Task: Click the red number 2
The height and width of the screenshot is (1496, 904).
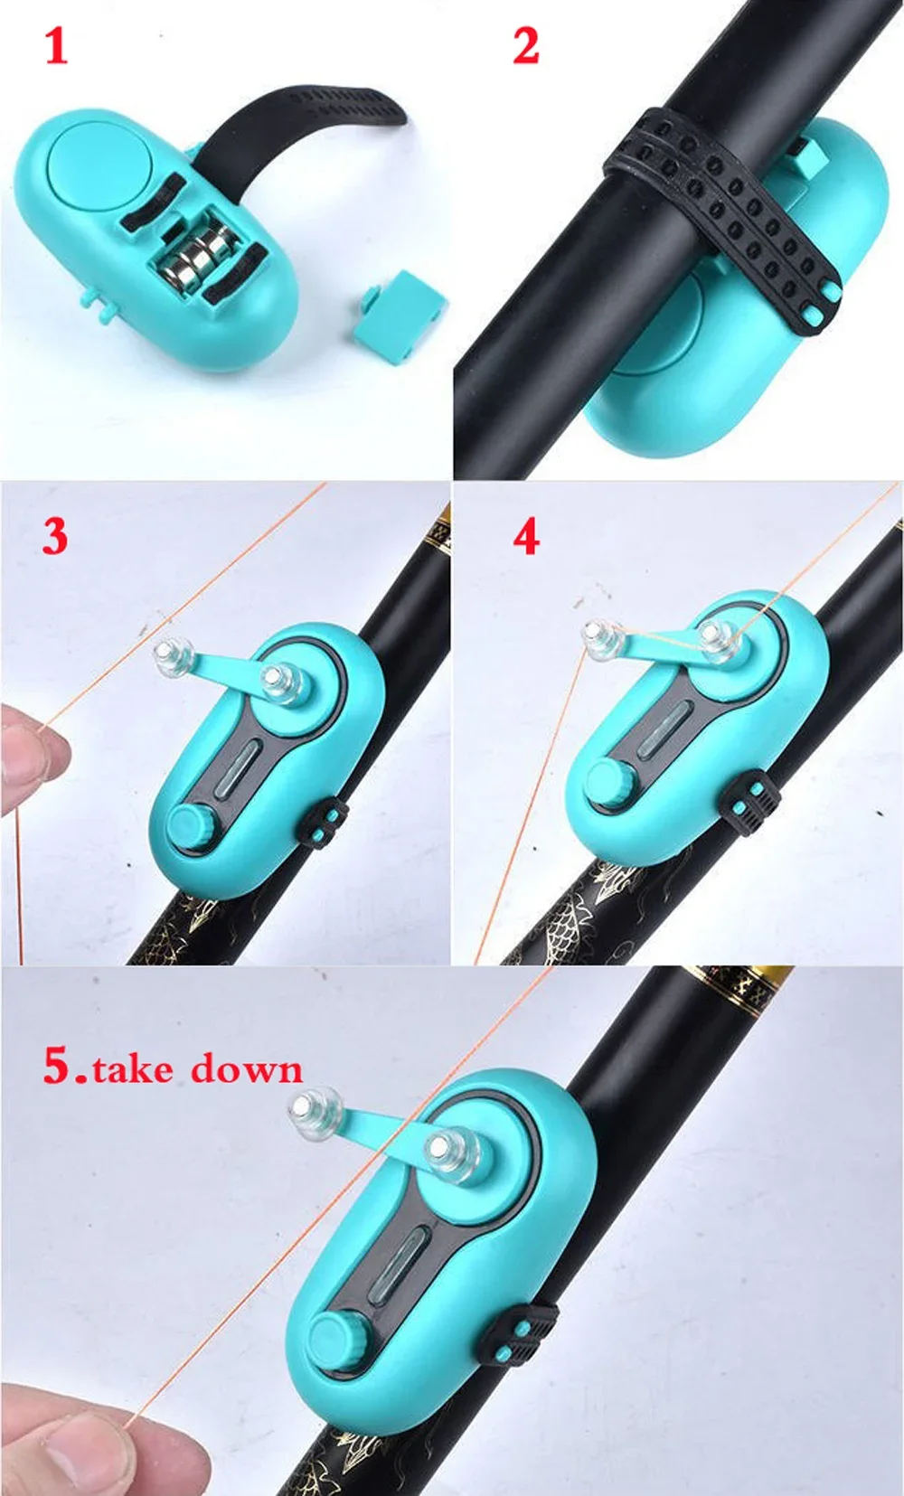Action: [526, 47]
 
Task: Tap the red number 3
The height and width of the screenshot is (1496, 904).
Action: [54, 536]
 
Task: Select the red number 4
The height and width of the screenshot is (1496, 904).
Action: [526, 538]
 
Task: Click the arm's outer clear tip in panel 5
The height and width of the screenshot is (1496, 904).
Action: [315, 1108]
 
